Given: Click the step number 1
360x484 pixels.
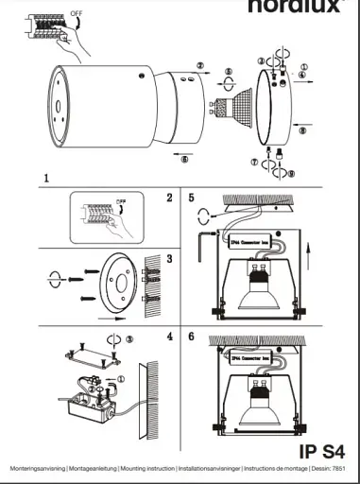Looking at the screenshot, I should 46,177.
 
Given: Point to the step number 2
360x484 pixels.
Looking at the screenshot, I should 169,198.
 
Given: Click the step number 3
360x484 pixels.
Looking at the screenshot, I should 169,258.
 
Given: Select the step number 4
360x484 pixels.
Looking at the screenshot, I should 169,337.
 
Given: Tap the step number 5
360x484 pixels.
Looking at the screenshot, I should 192,198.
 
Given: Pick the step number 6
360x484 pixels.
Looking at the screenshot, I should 192,337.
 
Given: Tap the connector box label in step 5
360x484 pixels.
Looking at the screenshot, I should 252,241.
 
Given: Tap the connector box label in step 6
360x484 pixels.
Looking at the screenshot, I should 252,356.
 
